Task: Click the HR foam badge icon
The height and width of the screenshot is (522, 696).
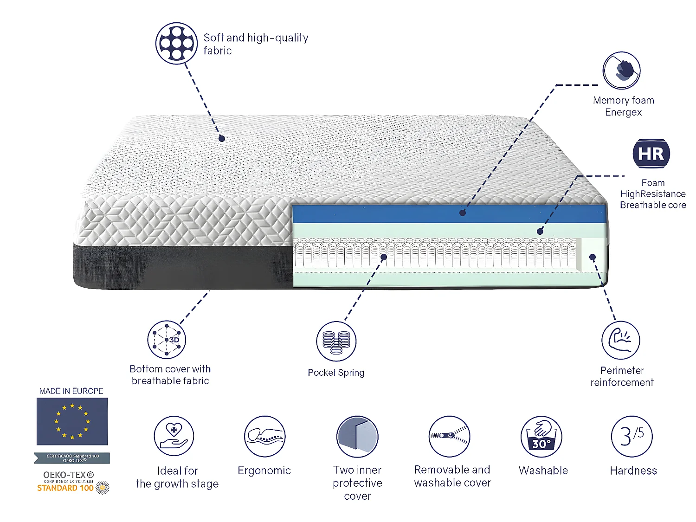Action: coord(651,154)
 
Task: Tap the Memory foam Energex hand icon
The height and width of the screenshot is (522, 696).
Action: coord(621,71)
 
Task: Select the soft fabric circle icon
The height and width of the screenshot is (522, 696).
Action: coord(176,43)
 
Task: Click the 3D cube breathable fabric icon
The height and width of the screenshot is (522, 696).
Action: coord(167,340)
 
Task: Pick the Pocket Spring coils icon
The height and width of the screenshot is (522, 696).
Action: coord(336,341)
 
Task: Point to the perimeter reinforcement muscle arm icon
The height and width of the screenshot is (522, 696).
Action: coord(620,340)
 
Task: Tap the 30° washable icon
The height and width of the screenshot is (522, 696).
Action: coord(541,437)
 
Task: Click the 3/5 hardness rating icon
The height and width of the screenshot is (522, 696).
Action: coord(632,437)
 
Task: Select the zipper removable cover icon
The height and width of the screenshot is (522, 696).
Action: coord(449,437)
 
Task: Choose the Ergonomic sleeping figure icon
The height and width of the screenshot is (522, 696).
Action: coord(264,437)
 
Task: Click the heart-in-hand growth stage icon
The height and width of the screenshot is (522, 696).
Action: coord(174,436)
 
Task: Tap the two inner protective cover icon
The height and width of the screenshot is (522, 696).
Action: coord(357,437)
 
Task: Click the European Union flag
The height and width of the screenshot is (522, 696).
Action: coord(72,421)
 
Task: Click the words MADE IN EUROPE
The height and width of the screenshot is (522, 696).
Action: coord(71,391)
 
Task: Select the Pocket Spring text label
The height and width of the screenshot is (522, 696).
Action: coord(336,373)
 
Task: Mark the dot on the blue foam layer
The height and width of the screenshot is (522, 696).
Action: coord(462,213)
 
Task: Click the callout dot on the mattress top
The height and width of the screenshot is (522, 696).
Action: coord(222,138)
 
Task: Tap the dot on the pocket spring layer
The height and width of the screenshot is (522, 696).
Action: coord(384,257)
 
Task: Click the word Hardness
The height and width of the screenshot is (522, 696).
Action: coord(633,470)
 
